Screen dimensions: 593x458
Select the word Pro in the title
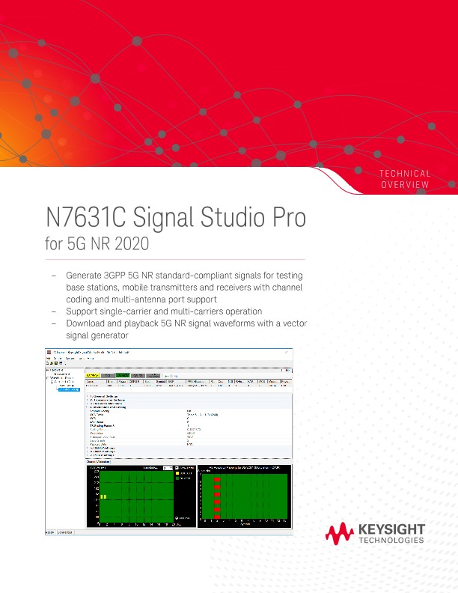(287, 219)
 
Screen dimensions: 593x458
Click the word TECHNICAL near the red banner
(405, 174)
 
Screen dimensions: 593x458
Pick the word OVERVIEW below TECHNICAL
(406, 185)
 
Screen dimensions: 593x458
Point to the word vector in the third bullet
(293, 323)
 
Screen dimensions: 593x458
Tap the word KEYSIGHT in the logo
(391, 529)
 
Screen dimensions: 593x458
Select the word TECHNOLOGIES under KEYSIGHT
(391, 540)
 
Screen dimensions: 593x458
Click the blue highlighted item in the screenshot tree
(68, 389)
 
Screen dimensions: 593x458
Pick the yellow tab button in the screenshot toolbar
(92, 374)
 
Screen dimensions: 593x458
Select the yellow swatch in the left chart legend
(177, 473)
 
